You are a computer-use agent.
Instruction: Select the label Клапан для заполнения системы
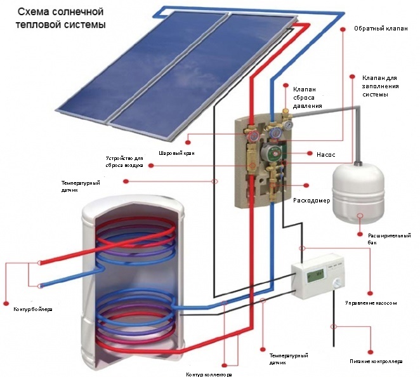(380, 84)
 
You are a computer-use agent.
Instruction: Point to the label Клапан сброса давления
(307, 98)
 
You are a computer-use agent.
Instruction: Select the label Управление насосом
(371, 303)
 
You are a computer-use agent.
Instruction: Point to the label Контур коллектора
(208, 374)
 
